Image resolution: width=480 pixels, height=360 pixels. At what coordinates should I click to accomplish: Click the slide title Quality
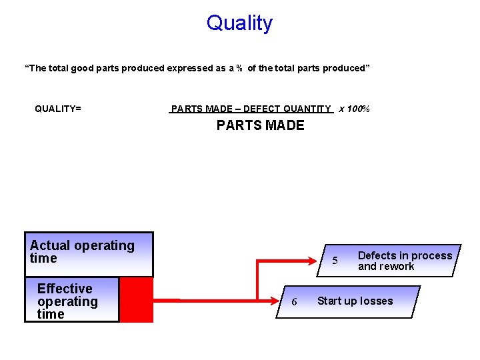(x=239, y=23)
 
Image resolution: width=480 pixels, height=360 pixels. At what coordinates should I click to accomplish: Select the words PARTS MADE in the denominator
(x=260, y=125)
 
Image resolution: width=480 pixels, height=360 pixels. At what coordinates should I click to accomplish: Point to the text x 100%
(x=354, y=109)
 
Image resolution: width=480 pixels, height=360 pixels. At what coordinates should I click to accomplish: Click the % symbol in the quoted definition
(x=239, y=68)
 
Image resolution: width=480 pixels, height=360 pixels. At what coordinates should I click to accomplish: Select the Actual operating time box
(x=89, y=254)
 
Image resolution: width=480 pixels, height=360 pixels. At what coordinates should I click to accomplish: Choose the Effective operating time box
(x=72, y=300)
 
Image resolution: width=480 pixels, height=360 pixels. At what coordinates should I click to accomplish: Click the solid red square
(x=136, y=300)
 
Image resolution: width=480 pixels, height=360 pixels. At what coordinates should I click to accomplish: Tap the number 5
(x=335, y=261)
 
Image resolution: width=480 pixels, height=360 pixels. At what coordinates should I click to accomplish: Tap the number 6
(x=295, y=302)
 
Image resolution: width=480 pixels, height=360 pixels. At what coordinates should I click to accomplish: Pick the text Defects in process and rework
(x=405, y=261)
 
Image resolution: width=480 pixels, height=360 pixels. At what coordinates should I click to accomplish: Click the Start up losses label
(x=355, y=301)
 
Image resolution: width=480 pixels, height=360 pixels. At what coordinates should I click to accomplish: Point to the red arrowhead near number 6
(x=279, y=301)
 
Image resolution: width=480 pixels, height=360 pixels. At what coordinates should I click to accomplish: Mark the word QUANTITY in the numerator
(x=307, y=109)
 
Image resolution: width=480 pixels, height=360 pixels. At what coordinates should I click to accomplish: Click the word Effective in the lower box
(x=65, y=289)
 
